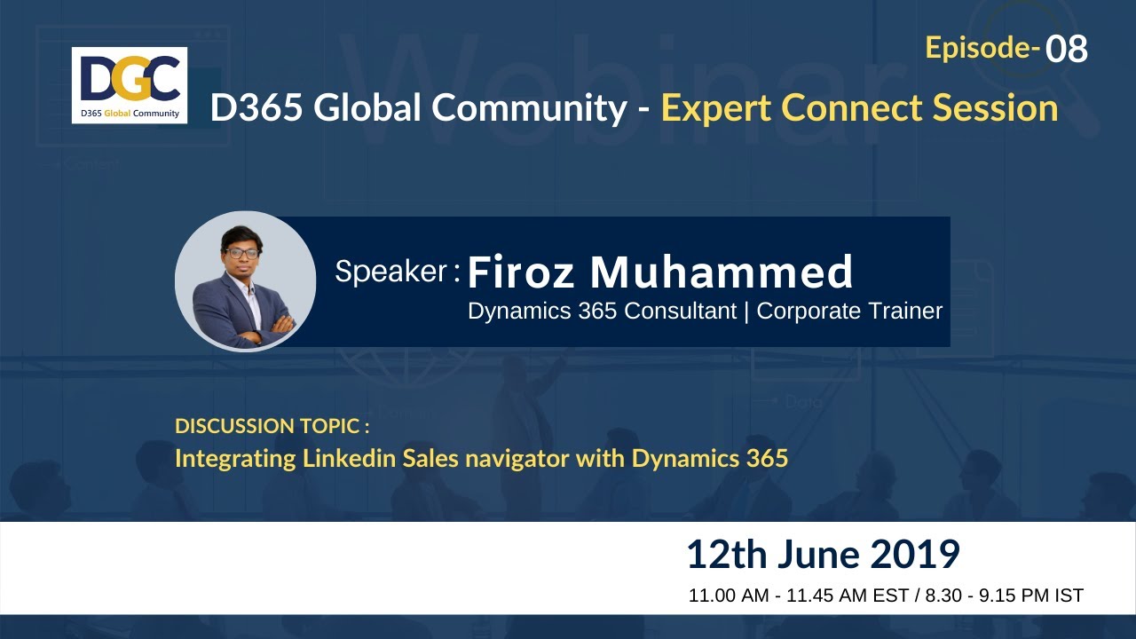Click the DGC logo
click(x=130, y=84)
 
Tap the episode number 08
click(x=1067, y=50)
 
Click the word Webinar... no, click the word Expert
click(x=717, y=108)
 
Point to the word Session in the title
click(x=994, y=108)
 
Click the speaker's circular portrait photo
click(x=246, y=280)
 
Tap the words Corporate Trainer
click(x=849, y=311)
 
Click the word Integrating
click(x=235, y=459)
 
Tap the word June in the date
click(x=820, y=555)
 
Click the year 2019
click(x=915, y=555)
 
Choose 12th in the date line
click(x=726, y=555)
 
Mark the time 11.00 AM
click(x=729, y=596)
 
